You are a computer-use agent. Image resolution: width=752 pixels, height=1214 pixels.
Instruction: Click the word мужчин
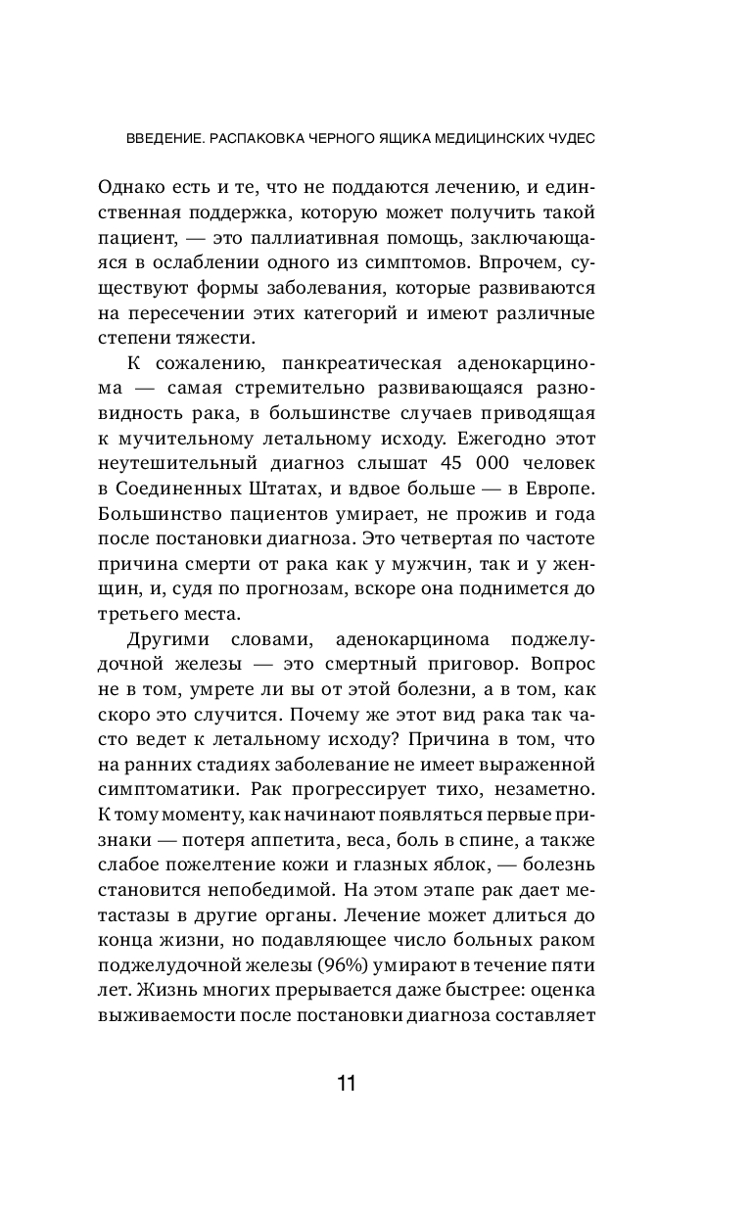click(x=461, y=565)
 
